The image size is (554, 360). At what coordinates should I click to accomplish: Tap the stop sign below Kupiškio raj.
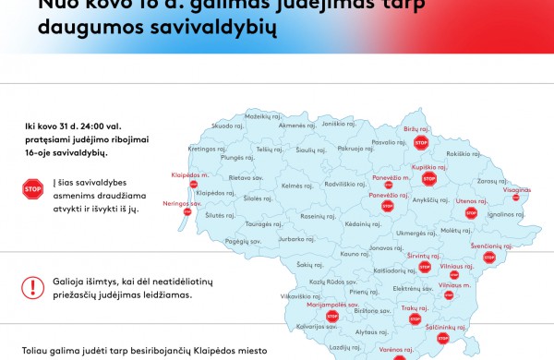pos(428,178)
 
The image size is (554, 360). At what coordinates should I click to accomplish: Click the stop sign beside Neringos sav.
pos(187,211)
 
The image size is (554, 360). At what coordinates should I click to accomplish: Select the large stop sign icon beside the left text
pos(33,191)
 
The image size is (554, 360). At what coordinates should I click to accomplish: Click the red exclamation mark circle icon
pos(34,286)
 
